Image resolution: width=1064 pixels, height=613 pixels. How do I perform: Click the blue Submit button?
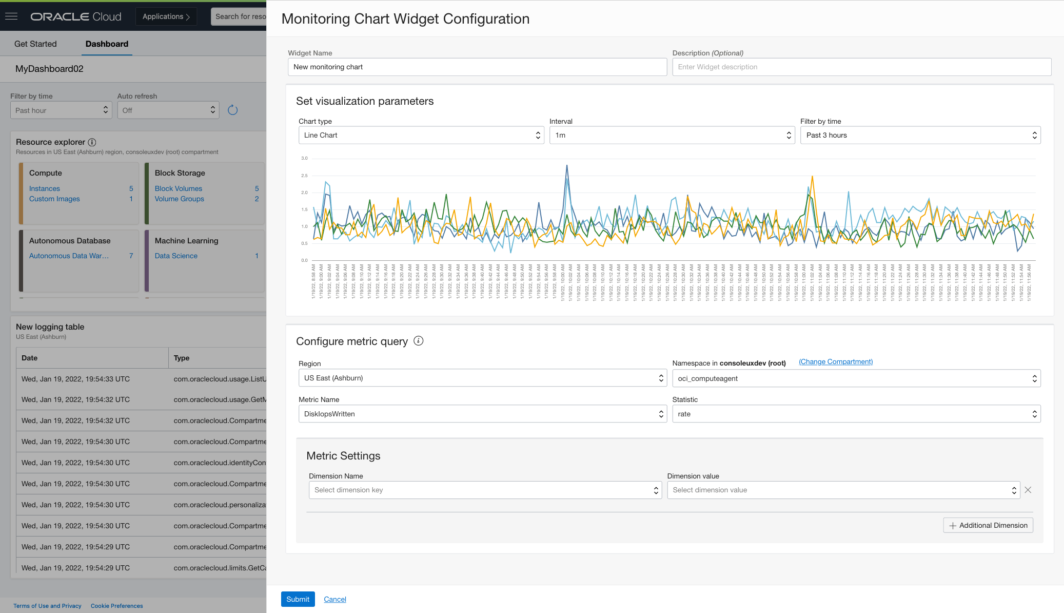(298, 599)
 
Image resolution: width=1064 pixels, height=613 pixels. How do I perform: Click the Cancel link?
(335, 599)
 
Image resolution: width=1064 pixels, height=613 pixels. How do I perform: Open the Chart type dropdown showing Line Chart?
(421, 135)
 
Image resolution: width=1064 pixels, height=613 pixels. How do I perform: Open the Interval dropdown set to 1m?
(672, 135)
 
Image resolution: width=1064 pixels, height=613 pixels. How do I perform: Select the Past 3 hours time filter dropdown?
(920, 135)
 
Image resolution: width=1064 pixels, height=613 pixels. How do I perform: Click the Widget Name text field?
(477, 67)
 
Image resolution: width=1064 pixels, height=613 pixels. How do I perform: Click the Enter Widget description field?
(861, 67)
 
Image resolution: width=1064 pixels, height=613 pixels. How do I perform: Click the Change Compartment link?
(835, 362)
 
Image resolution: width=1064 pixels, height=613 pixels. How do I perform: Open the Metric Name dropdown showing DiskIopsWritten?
(482, 414)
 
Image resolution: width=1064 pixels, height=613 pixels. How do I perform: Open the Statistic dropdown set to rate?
(856, 414)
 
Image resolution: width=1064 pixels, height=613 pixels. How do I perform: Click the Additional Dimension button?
(988, 525)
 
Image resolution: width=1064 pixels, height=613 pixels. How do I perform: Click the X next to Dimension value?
(1028, 490)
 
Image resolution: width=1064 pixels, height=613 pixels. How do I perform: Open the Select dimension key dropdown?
(485, 490)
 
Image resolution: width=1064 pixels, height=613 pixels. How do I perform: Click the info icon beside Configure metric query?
(419, 341)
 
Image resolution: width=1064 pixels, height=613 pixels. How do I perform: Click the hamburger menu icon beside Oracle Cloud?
(11, 16)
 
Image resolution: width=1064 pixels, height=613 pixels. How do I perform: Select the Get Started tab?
(35, 44)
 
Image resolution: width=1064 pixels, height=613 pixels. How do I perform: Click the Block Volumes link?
(179, 188)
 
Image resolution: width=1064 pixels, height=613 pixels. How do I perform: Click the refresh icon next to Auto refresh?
(232, 110)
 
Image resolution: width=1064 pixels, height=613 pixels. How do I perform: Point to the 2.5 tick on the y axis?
(304, 176)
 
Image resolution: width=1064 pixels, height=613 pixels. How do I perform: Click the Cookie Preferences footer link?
(117, 606)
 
